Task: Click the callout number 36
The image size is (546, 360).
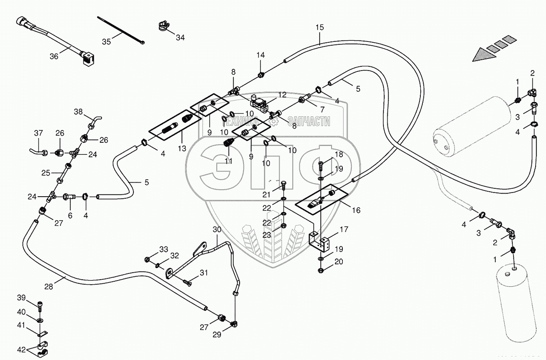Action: coord(54,57)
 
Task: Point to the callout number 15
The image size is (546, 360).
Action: coord(320,28)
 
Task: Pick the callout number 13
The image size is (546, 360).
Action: coord(182,148)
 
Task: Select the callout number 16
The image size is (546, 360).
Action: coord(356,210)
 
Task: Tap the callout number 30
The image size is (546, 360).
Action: coord(216,229)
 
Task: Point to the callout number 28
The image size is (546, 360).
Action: coord(48,287)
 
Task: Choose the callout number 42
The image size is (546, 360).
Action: coord(21,350)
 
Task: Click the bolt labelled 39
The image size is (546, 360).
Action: coord(40,305)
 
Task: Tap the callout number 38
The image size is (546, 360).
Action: coord(78,112)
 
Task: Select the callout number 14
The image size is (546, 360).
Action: coord(261,55)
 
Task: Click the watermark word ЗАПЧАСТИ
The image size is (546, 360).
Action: coord(309,121)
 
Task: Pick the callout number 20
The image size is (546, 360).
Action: coord(339,262)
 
